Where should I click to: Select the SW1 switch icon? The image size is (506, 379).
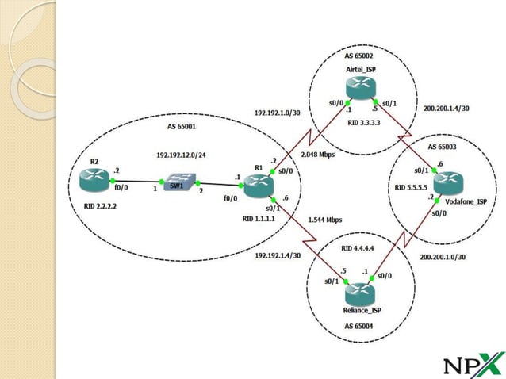[x=175, y=185]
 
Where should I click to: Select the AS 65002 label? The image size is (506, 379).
[x=358, y=56]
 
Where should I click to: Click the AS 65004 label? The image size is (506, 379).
[x=358, y=326]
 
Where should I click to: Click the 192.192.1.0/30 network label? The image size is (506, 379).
[x=277, y=113]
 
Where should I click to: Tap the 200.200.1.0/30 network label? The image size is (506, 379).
[x=443, y=258]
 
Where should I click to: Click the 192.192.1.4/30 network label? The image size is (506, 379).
[x=278, y=255]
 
